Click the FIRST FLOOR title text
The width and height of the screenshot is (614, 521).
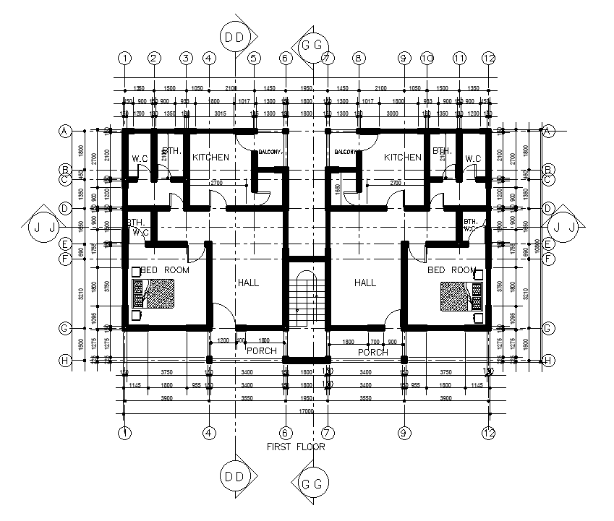[296, 447]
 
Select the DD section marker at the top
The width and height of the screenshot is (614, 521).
[236, 37]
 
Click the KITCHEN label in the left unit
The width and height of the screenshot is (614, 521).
[210, 157]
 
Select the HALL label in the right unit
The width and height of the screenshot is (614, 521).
[365, 283]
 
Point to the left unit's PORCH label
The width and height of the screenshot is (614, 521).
[261, 350]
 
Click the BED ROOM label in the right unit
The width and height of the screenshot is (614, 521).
[451, 270]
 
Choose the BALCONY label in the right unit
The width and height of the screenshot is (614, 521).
[346, 152]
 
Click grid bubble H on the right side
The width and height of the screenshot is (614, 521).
[548, 360]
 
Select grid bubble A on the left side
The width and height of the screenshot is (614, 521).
[64, 132]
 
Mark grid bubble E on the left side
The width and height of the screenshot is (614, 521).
[64, 245]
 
